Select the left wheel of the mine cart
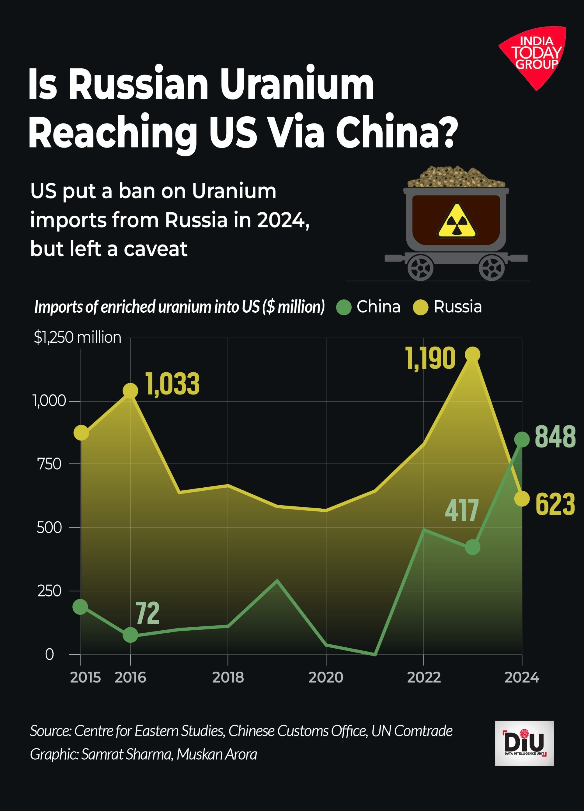click(x=421, y=268)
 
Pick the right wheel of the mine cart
click(x=492, y=268)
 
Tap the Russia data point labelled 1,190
click(x=472, y=354)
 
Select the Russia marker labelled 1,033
click(x=130, y=391)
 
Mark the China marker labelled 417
click(x=472, y=547)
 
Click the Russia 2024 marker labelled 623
click(x=522, y=499)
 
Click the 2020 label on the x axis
click(x=326, y=677)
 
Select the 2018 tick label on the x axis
click(x=228, y=677)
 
